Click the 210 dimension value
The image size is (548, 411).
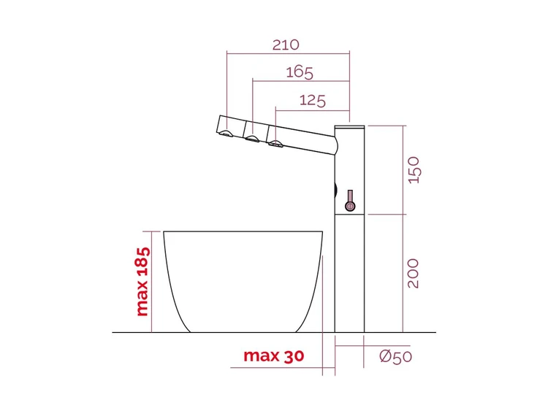286,45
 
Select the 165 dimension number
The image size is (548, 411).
300,72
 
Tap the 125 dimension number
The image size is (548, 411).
313,101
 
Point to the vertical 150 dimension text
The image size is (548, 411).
414,170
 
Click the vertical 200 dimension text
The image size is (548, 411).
413,274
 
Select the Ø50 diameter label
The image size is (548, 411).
395,356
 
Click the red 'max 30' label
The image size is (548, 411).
274,356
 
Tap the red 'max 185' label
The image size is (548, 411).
143,282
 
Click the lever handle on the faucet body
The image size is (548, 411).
350,201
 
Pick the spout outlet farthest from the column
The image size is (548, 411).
227,134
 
